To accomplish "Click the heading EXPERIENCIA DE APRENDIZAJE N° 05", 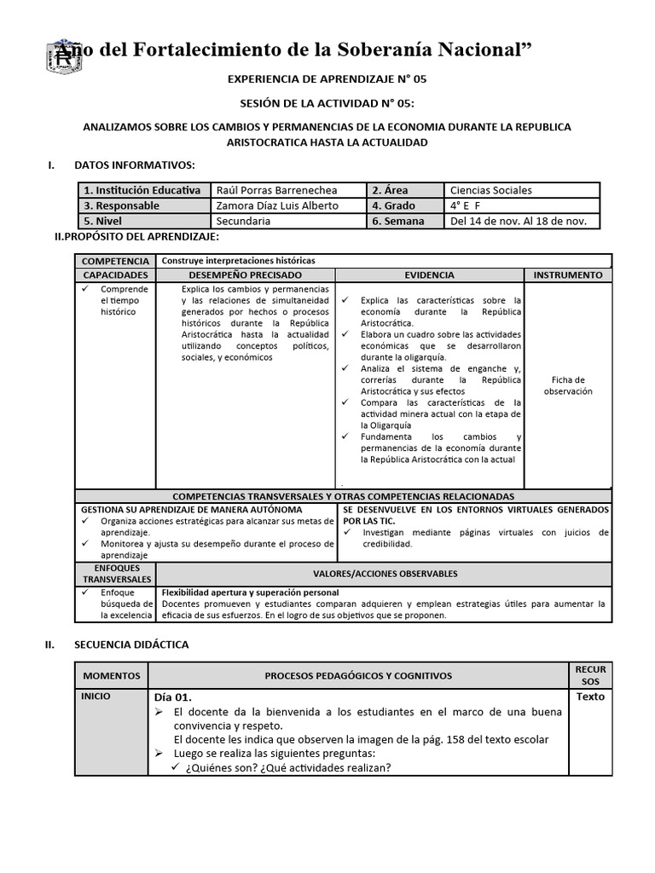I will (x=327, y=78).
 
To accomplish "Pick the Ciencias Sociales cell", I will (x=490, y=190).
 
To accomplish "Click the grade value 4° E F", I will (x=467, y=205).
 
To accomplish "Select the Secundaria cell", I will (x=243, y=221).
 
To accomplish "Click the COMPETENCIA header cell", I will (x=115, y=260).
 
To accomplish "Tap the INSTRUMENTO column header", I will (x=567, y=275).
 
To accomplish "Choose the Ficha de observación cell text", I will (x=567, y=385).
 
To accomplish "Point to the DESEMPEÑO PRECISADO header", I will (x=245, y=275).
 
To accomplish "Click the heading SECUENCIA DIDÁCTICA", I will (x=131, y=645).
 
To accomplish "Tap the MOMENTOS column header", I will (x=111, y=675).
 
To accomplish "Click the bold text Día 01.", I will (x=173, y=697).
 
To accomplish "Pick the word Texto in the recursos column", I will (x=589, y=697).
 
